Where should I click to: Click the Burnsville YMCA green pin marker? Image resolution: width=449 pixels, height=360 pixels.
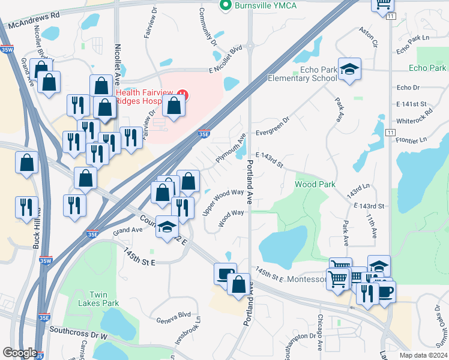click(225, 6)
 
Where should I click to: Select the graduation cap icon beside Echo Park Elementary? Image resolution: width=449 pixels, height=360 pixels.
click(348, 70)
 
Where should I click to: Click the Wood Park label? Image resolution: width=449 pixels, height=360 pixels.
click(315, 184)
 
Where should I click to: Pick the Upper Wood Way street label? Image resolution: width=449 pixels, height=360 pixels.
click(223, 202)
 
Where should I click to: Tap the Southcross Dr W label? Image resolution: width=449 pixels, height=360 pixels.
click(77, 331)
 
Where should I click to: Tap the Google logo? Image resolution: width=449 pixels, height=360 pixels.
click(19, 353)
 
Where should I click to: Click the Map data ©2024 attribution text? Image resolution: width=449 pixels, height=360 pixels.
click(423, 355)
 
